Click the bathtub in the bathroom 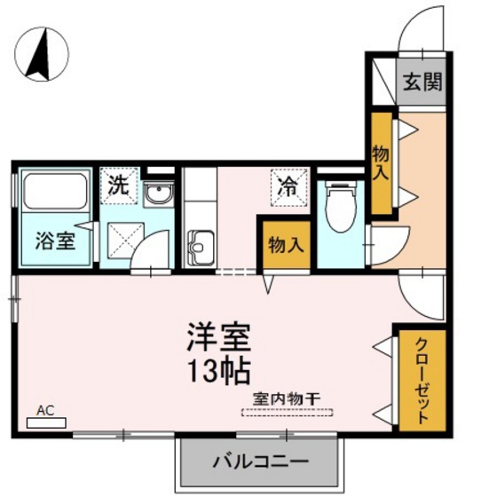[53, 190]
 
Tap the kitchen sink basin [201, 241]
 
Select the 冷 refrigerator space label [288, 186]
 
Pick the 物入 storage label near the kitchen [283, 244]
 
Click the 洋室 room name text [220, 337]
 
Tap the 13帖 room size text [218, 367]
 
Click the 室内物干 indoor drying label [286, 398]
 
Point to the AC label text [46, 410]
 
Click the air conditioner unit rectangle [46, 422]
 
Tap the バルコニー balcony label [259, 462]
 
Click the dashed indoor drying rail [286, 412]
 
